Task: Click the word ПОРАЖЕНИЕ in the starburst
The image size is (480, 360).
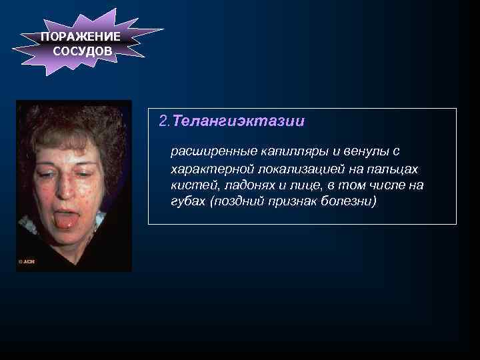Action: (x=80, y=37)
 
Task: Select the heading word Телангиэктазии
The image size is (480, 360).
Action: (x=239, y=121)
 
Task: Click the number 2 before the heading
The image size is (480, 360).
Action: (x=163, y=121)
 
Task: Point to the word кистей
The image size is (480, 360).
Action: (x=189, y=185)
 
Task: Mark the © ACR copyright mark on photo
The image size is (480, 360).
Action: (x=27, y=261)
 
